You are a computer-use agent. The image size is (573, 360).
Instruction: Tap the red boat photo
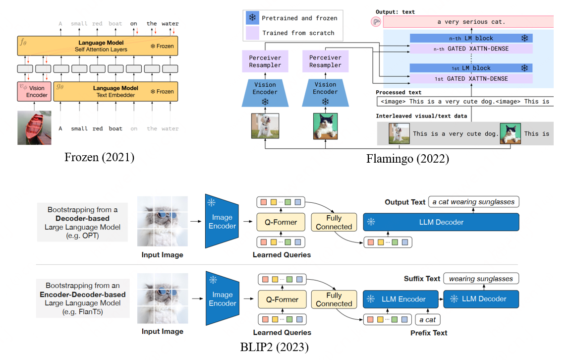coord(34,127)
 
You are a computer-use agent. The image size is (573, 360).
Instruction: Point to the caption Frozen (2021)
coord(99,158)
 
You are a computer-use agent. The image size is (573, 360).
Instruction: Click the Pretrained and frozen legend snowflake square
coord(252,18)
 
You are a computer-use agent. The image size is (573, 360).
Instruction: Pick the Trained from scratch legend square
coord(252,33)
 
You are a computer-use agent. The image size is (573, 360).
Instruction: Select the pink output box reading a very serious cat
coord(468,22)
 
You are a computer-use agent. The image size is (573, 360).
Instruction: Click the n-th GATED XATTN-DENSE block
coord(471,49)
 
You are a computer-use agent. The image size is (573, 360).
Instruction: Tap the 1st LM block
coord(471,68)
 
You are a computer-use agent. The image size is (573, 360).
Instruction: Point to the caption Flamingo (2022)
coord(407,159)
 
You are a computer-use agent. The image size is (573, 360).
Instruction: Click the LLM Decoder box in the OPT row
coord(441,222)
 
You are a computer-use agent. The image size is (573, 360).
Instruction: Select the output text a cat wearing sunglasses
coord(474,202)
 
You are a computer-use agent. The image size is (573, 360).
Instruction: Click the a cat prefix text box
coord(427,320)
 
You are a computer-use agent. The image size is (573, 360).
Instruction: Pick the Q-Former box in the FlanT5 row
coord(282,300)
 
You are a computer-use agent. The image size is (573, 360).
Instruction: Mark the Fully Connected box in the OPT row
coord(334,222)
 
